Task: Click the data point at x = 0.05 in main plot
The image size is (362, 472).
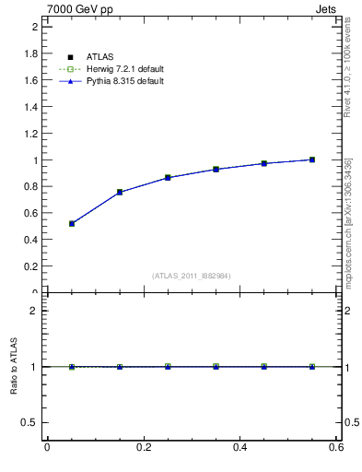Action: (x=72, y=223)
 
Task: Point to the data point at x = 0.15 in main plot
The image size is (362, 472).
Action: (x=120, y=192)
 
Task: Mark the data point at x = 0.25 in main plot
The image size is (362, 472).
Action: (x=168, y=177)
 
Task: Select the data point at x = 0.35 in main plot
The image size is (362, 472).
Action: (x=216, y=169)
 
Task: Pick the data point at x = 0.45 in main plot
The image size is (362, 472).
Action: (x=263, y=163)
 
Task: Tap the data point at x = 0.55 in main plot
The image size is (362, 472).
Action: (x=312, y=159)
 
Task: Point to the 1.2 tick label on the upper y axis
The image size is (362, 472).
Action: (x=29, y=134)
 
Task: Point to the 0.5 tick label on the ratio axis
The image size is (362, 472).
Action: (x=29, y=422)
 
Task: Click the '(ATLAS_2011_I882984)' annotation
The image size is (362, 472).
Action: (x=192, y=276)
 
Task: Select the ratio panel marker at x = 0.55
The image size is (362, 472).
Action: (x=312, y=366)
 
